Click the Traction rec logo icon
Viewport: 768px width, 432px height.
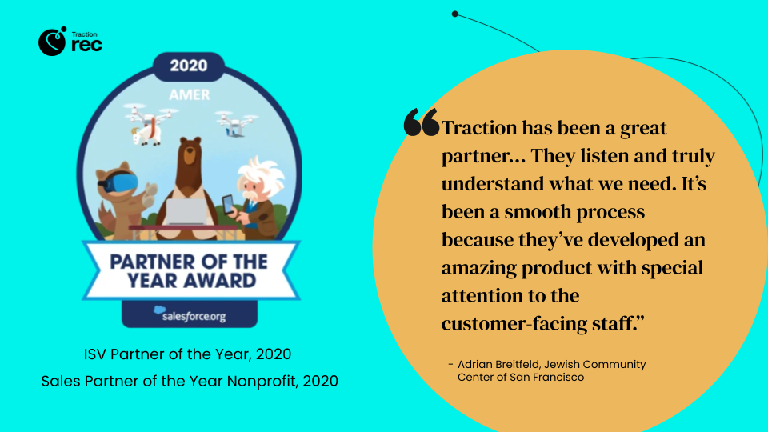52,42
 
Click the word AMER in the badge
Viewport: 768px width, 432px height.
190,94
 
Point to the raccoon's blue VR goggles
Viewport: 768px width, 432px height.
113,182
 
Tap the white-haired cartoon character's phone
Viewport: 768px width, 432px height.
228,203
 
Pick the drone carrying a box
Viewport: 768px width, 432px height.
236,122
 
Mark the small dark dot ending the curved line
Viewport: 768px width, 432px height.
454,14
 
